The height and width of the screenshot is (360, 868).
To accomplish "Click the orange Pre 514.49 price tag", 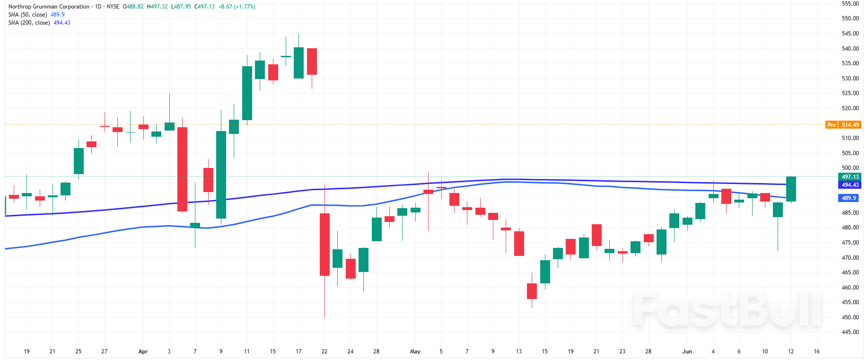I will coord(843,125).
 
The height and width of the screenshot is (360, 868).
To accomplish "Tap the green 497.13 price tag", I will coord(850,177).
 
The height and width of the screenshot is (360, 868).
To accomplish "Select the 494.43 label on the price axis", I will coord(850,185).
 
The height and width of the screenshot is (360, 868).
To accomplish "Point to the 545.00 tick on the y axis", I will coord(850,34).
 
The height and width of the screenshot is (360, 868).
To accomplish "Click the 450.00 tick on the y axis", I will coord(850,317).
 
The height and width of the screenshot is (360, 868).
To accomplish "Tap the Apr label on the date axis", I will coord(143,351).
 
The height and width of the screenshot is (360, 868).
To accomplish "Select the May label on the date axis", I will coord(415,351).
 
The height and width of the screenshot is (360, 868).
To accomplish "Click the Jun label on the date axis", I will coord(687,351).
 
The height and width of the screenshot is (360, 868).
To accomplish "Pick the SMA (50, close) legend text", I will coord(27,15).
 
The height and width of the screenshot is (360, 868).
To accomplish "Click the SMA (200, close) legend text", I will coord(29,23).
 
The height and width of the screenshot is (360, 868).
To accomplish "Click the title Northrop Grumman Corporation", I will coord(49,7).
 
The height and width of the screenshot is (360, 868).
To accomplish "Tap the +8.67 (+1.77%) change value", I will coord(237,7).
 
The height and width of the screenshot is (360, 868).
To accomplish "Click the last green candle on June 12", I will coord(791,189).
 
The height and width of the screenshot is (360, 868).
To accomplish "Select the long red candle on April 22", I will coord(324,244).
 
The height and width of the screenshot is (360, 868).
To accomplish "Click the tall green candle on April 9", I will coord(221,175).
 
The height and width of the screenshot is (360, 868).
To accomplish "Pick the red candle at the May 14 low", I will coord(532,291).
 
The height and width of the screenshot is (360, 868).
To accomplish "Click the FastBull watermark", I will coord(727,310).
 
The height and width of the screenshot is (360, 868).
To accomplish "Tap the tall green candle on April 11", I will coord(247,93).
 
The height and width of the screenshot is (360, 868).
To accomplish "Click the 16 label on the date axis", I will coord(816,351).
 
